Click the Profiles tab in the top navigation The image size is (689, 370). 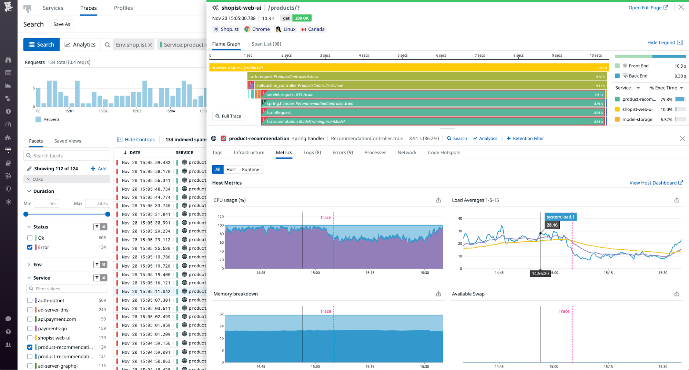[123, 8]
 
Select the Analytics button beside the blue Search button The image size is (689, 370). [80, 44]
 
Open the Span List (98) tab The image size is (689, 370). [266, 44]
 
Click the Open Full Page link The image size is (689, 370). [648, 8]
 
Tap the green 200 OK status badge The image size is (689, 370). [302, 18]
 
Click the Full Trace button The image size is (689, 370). [228, 116]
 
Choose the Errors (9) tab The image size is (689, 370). [342, 152]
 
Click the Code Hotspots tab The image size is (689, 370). [444, 152]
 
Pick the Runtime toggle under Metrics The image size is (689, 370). [250, 169]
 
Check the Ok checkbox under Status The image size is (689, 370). [30, 238]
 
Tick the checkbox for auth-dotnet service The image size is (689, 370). [30, 300]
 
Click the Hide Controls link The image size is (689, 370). [136, 139]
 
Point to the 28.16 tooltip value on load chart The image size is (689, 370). [552, 225]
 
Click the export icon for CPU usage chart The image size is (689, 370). [438, 200]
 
